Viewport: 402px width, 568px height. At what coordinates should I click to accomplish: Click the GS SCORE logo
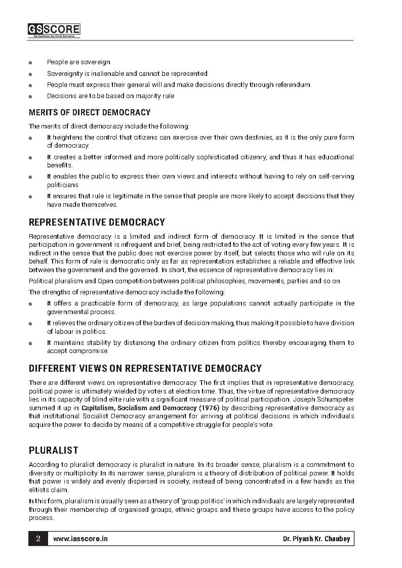(x=54, y=30)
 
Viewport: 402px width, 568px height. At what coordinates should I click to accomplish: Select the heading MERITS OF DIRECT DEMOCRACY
(x=90, y=112)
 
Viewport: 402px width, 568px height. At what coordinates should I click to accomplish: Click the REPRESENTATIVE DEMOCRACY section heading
(x=97, y=222)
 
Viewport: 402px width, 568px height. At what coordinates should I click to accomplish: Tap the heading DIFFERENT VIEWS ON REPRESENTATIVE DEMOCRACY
(x=145, y=368)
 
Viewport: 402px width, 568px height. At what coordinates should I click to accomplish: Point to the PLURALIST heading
(x=53, y=450)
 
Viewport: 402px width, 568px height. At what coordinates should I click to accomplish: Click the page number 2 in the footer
(x=38, y=539)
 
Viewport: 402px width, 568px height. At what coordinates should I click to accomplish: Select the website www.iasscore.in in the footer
(x=81, y=539)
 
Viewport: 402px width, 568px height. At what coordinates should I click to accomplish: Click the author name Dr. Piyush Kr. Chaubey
(x=316, y=539)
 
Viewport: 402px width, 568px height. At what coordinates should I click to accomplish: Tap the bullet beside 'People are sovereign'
(x=31, y=63)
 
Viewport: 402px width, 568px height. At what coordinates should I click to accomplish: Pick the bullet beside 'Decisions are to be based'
(x=31, y=96)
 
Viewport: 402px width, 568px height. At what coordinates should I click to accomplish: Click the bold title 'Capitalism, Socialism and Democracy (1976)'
(x=148, y=407)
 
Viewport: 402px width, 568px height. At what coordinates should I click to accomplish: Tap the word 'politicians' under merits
(x=63, y=185)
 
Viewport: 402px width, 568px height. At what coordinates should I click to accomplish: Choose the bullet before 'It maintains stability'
(x=31, y=343)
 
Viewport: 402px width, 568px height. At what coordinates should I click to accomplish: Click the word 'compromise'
(x=92, y=351)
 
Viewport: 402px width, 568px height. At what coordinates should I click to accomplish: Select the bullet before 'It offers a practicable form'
(x=31, y=304)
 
